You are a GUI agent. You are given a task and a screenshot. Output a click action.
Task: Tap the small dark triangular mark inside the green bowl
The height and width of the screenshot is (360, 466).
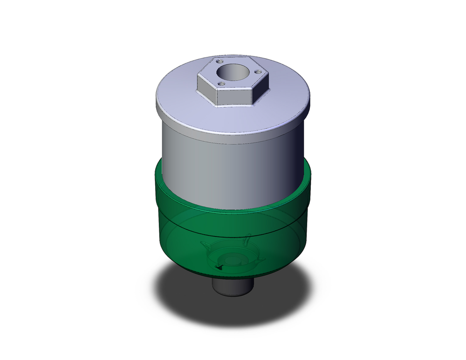point(218,266)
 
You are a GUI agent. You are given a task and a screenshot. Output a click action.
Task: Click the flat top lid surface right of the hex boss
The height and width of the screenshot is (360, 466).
point(284,100)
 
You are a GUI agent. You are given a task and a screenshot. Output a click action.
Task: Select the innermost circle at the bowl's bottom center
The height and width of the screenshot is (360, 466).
point(232,259)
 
